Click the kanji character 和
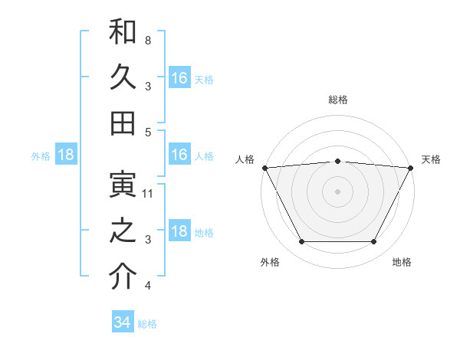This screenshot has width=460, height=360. (x=123, y=32)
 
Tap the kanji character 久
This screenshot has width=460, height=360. (x=123, y=77)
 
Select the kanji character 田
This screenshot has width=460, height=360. (x=123, y=123)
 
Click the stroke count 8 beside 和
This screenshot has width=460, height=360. (x=147, y=39)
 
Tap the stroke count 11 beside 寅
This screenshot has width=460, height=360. (x=148, y=194)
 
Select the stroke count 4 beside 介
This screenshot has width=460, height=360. (x=147, y=286)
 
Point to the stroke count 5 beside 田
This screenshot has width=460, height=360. (x=147, y=132)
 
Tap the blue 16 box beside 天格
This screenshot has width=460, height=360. (x=179, y=77)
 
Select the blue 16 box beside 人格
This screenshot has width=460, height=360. (x=179, y=155)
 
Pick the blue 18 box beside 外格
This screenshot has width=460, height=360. (x=66, y=155)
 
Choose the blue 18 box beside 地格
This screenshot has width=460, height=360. (x=179, y=232)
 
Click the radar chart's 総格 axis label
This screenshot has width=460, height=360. (x=338, y=100)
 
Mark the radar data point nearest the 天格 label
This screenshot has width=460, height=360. (x=411, y=168)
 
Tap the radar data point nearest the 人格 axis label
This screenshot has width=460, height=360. (x=264, y=168)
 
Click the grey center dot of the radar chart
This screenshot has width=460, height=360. (x=338, y=191)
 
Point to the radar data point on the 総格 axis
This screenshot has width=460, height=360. (x=338, y=161)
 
